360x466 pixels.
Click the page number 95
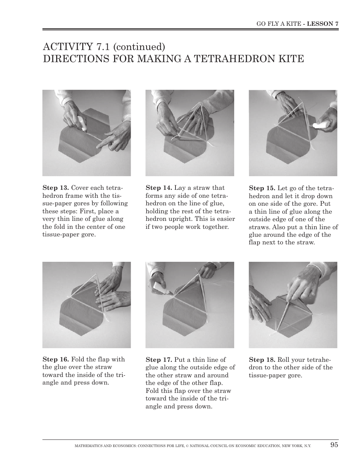coord(334,445)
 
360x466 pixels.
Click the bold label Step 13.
coord(55,188)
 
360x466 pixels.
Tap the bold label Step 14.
coord(159,188)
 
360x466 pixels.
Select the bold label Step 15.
coord(262,188)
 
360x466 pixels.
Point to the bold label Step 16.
coord(55,360)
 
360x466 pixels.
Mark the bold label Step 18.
coord(262,360)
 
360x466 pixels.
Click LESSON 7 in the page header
coord(322,23)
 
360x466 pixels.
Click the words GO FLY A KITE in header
coord(279,23)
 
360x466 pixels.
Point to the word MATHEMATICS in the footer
coord(88,446)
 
